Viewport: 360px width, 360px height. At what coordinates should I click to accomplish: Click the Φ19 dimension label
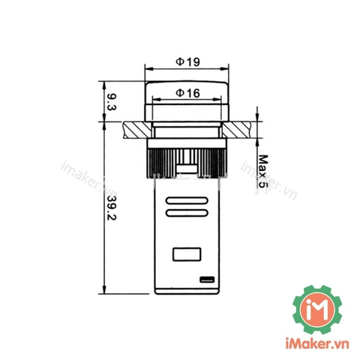click(187, 61)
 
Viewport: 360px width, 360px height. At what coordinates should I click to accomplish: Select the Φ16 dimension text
click(187, 93)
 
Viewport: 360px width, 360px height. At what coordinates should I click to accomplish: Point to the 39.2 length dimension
click(112, 208)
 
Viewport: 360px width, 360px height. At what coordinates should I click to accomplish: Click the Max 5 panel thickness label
click(262, 171)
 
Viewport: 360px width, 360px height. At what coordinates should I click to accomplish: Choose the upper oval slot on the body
click(187, 200)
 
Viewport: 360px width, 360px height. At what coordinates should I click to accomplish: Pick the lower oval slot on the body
click(187, 213)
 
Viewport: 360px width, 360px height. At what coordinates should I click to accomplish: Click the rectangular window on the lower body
click(187, 254)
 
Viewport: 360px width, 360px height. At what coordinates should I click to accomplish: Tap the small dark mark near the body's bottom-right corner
click(207, 279)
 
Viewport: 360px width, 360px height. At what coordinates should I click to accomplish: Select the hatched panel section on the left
click(137, 130)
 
